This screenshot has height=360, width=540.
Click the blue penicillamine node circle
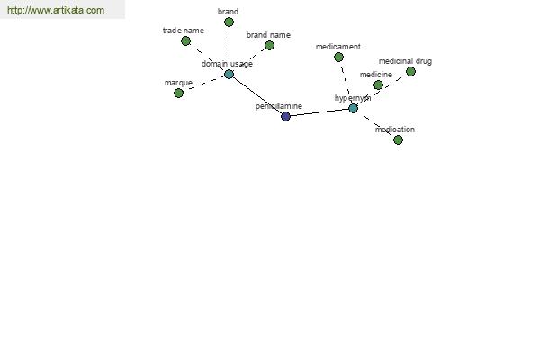pyautogui.click(x=285, y=116)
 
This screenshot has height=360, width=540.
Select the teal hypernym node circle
pyautogui.click(x=353, y=109)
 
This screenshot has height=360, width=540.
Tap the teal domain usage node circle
pyautogui.click(x=229, y=74)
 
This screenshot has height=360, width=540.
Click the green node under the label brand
pyautogui.click(x=229, y=22)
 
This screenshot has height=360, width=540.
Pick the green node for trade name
pyautogui.click(x=185, y=41)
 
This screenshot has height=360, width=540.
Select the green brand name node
pyautogui.click(x=269, y=46)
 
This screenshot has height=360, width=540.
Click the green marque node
pyautogui.click(x=178, y=93)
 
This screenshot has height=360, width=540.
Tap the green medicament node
pyautogui.click(x=338, y=58)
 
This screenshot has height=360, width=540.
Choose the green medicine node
pyautogui.click(x=378, y=85)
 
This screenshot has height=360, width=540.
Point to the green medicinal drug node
pyautogui.click(x=410, y=72)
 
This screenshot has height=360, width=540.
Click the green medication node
pyautogui.click(x=398, y=139)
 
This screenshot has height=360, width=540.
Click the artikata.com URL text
pyautogui.click(x=56, y=10)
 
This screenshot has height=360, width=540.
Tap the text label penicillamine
pyautogui.click(x=279, y=106)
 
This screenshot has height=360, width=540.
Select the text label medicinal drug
pyautogui.click(x=405, y=61)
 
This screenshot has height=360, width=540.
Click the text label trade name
pyautogui.click(x=184, y=31)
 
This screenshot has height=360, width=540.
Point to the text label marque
pyautogui.click(x=178, y=83)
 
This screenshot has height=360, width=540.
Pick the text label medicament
pyautogui.click(x=337, y=47)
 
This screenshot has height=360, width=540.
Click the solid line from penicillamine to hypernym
pyautogui.click(x=319, y=112)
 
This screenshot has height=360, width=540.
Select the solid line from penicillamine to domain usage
pyautogui.click(x=256, y=95)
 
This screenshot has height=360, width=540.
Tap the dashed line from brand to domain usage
pyautogui.click(x=229, y=49)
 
